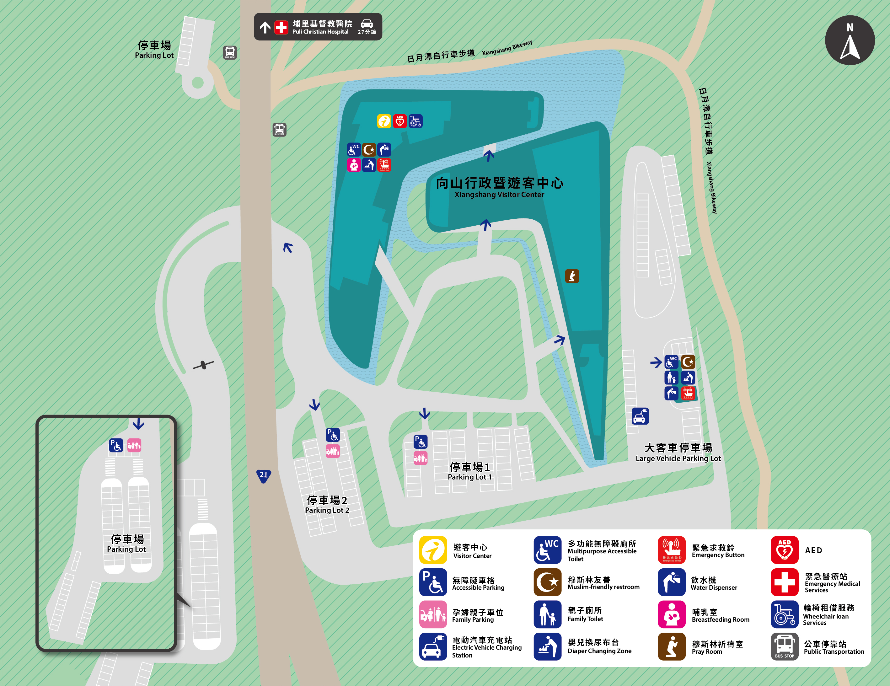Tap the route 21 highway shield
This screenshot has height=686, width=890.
(x=264, y=475)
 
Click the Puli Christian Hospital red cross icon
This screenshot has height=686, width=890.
(x=281, y=27)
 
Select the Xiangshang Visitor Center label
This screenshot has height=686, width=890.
(x=499, y=187)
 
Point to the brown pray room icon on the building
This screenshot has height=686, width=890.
(x=572, y=276)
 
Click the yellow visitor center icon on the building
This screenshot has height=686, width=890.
(x=384, y=121)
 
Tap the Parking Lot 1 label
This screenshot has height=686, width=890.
(x=469, y=471)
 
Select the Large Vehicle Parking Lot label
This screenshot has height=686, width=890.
(x=678, y=453)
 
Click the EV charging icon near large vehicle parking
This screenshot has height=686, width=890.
(x=640, y=416)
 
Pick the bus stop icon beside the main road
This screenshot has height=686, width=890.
(x=279, y=130)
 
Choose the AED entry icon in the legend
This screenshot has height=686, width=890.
(x=784, y=550)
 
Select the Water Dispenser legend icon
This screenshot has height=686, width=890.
(x=671, y=582)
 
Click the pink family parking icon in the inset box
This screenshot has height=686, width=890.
(x=134, y=445)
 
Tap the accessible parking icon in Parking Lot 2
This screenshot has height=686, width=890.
(x=333, y=435)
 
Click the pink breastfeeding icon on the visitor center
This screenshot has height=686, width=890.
(x=354, y=165)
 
